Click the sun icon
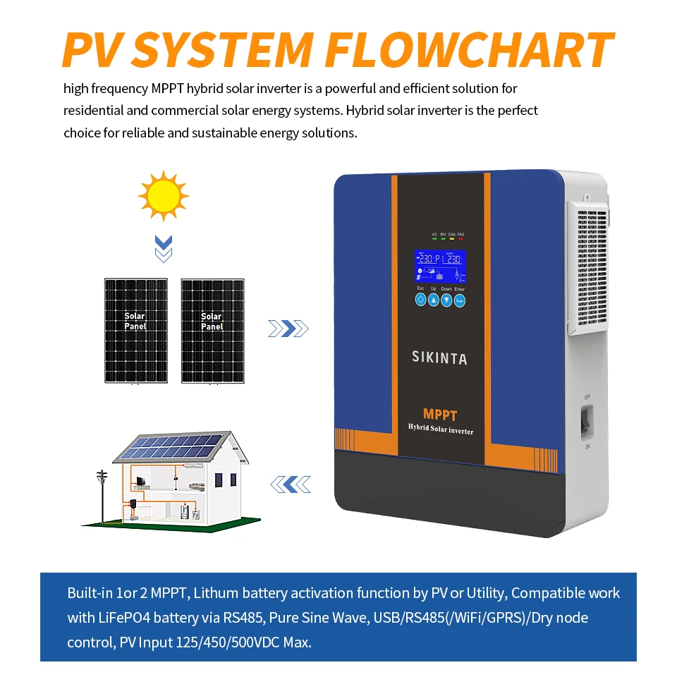(164, 194)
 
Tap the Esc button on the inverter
(421, 300)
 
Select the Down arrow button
(446, 300)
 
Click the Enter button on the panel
(460, 300)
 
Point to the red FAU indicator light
(461, 238)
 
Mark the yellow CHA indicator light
(451, 238)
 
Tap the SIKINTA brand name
(439, 358)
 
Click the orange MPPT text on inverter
(440, 415)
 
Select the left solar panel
(135, 331)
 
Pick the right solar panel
(212, 331)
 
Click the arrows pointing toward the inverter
(288, 328)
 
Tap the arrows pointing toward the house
(291, 484)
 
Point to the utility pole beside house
(102, 494)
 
